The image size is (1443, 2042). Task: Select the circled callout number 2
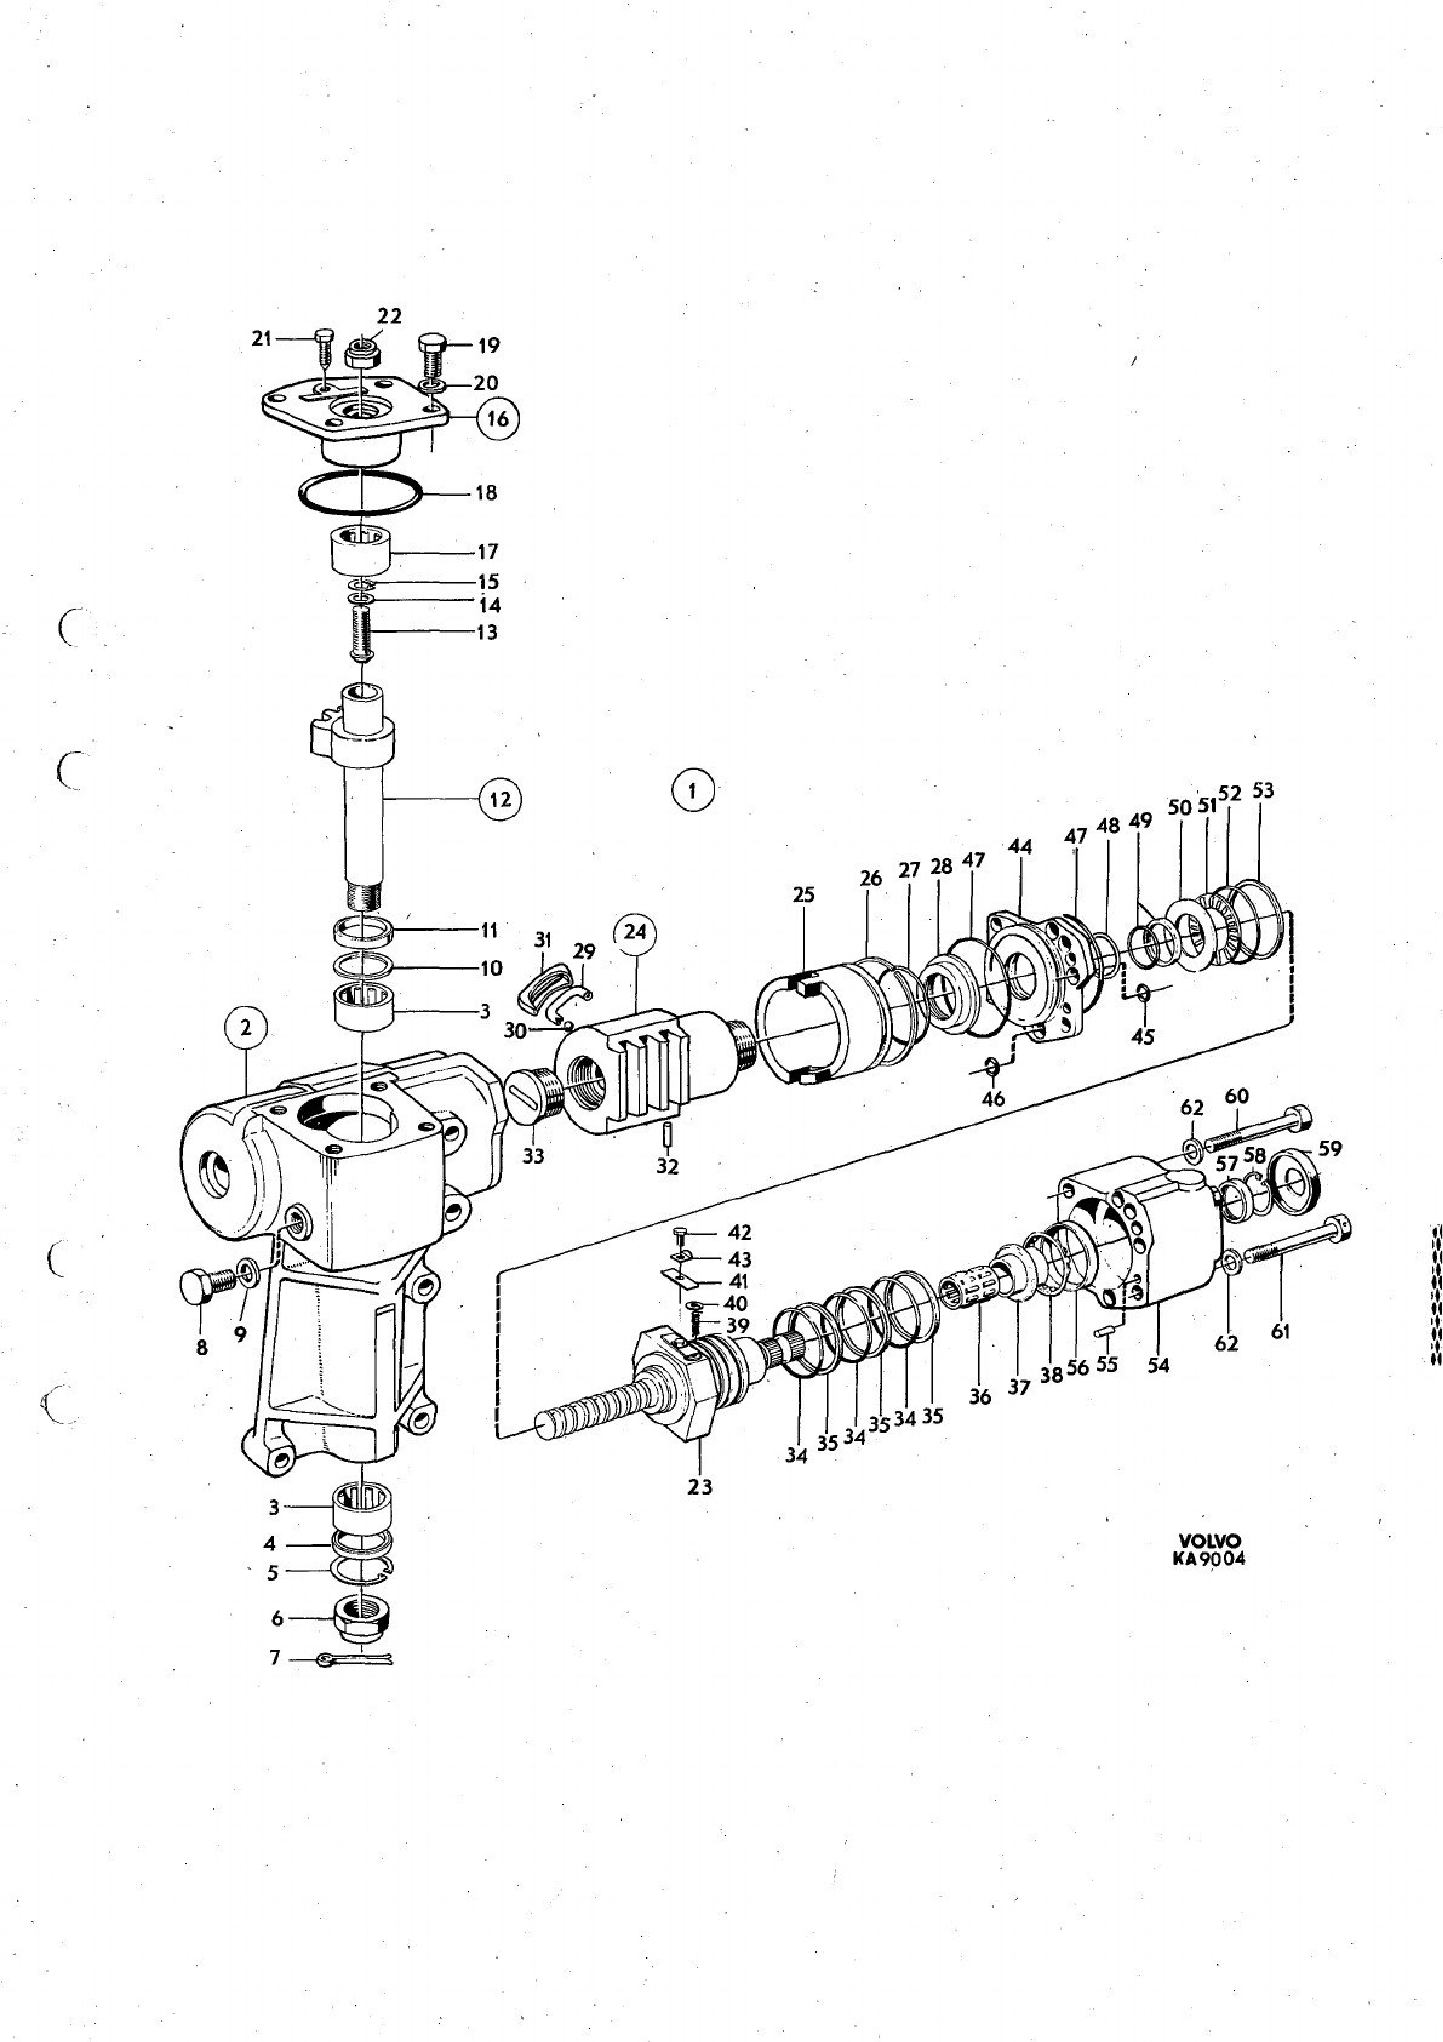pyautogui.click(x=245, y=1029)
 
